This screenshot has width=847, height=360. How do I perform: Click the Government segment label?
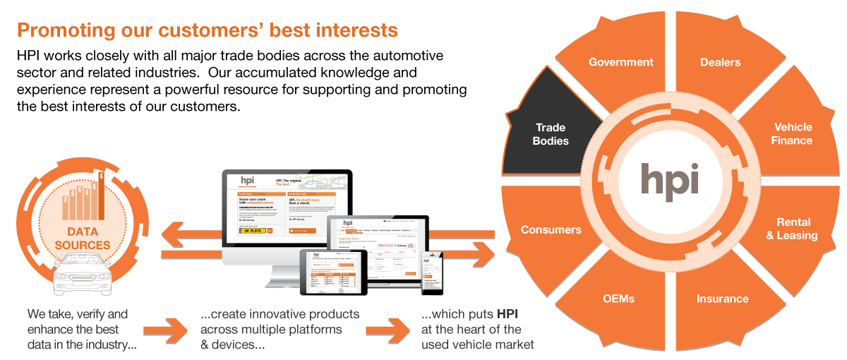pyautogui.click(x=621, y=62)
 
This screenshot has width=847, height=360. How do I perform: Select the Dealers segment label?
pyautogui.click(x=720, y=62)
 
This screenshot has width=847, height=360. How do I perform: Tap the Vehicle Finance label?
pyautogui.click(x=793, y=133)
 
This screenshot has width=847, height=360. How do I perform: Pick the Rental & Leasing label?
pyautogui.click(x=792, y=229)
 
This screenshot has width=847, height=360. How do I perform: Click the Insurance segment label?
pyautogui.click(x=722, y=299)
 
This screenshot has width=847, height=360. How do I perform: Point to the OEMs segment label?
pyautogui.click(x=619, y=298)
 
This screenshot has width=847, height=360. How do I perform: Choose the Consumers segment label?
pyautogui.click(x=551, y=229)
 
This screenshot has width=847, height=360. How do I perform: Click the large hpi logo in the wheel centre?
pyautogui.click(x=670, y=179)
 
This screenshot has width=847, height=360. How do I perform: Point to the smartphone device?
pyautogui.click(x=431, y=272)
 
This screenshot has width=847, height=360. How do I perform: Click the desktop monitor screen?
pyautogui.click(x=286, y=208)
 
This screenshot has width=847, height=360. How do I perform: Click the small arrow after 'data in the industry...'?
pyautogui.click(x=164, y=330)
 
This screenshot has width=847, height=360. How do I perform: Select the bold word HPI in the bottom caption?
pyautogui.click(x=509, y=313)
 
